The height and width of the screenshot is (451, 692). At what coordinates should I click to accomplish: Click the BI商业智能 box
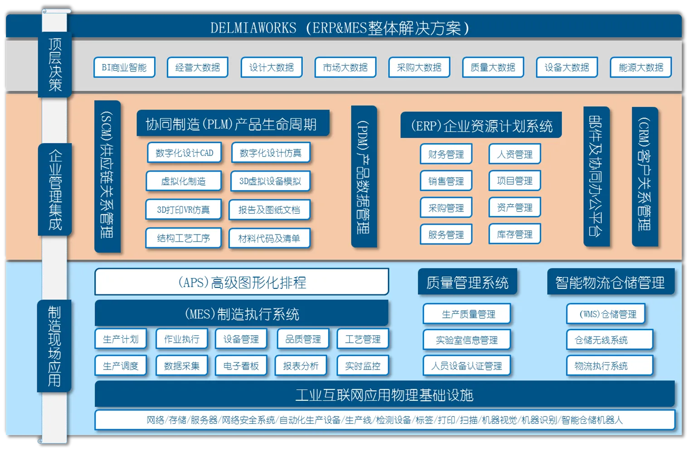[x=124, y=67]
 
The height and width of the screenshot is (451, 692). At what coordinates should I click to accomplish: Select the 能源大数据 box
[x=640, y=67]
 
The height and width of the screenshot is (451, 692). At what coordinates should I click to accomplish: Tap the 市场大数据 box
[x=345, y=67]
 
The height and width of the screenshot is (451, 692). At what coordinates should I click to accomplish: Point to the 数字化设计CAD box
[x=184, y=153]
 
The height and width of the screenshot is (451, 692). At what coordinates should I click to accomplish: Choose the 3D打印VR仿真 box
[x=183, y=210]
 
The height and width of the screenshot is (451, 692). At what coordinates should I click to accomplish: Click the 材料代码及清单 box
[x=269, y=238]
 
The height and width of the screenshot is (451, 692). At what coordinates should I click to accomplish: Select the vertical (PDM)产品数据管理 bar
[x=363, y=177]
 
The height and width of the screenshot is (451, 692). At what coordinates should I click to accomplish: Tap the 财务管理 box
[x=446, y=154]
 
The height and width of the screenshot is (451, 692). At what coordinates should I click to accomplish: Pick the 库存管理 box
[x=514, y=235]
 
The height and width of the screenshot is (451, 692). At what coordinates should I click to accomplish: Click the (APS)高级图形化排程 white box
[x=242, y=282]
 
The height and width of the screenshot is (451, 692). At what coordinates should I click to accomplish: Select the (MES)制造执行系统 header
[x=242, y=313]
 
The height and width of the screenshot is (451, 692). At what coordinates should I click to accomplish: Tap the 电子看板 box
[x=241, y=366]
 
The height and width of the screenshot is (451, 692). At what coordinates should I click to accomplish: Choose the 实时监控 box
[x=363, y=366]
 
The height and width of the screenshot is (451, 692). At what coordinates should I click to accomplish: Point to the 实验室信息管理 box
[x=466, y=340]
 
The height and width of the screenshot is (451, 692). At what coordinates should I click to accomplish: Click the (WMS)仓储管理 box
[x=607, y=314]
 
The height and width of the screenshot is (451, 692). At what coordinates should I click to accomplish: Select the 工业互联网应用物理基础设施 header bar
[x=384, y=395]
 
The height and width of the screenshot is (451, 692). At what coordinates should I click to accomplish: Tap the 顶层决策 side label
[x=55, y=65]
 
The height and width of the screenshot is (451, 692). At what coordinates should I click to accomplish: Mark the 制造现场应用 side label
[x=54, y=346]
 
